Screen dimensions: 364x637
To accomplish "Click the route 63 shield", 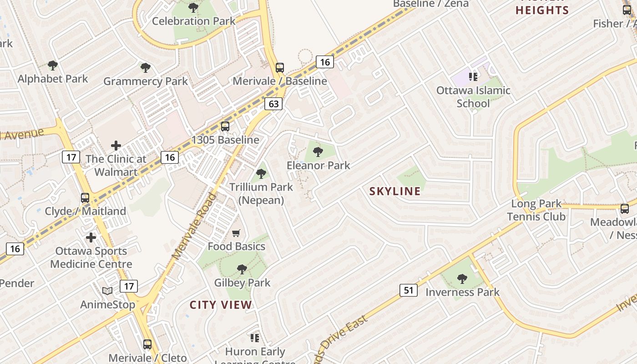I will click(273, 104).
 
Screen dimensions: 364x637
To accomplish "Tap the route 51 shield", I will click(409, 290).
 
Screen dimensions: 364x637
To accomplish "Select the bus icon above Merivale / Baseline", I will click(280, 68).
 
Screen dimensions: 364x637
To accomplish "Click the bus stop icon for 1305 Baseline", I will click(225, 126).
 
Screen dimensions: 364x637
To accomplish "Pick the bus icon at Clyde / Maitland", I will click(85, 198).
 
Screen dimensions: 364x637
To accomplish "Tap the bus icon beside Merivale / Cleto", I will click(147, 344).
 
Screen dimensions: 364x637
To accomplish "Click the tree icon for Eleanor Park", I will click(318, 152).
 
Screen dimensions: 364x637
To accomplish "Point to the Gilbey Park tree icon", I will click(242, 269).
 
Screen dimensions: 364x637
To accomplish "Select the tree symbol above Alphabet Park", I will click(53, 66).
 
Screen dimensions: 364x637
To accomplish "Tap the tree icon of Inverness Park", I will click(462, 278).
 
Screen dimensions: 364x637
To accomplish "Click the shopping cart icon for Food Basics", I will click(236, 233).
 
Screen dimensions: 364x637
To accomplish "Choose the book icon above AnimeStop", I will click(107, 291).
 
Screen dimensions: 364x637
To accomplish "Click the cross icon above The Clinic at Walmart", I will click(116, 146).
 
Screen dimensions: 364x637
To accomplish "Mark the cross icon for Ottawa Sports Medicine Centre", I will click(91, 238).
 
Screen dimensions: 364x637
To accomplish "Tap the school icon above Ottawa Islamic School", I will click(473, 76).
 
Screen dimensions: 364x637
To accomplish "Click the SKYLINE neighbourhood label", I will click(395, 191).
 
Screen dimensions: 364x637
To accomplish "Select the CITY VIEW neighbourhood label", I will click(221, 305).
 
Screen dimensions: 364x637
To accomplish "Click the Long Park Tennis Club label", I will click(536, 210).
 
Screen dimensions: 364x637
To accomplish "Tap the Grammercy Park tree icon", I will click(146, 68).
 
